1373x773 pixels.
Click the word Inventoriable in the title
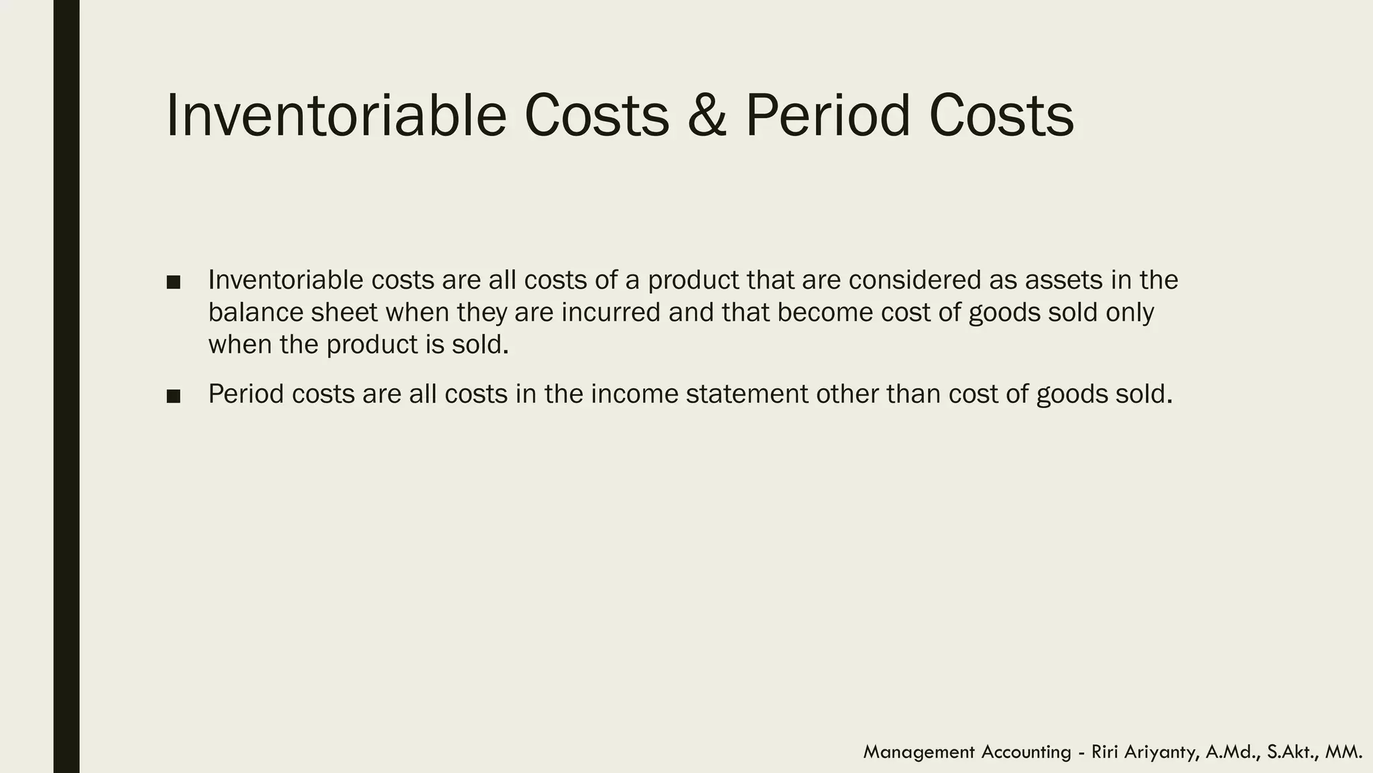335,115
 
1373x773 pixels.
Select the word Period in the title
827,115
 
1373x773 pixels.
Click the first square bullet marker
174,282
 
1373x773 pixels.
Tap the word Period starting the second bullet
246,394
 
